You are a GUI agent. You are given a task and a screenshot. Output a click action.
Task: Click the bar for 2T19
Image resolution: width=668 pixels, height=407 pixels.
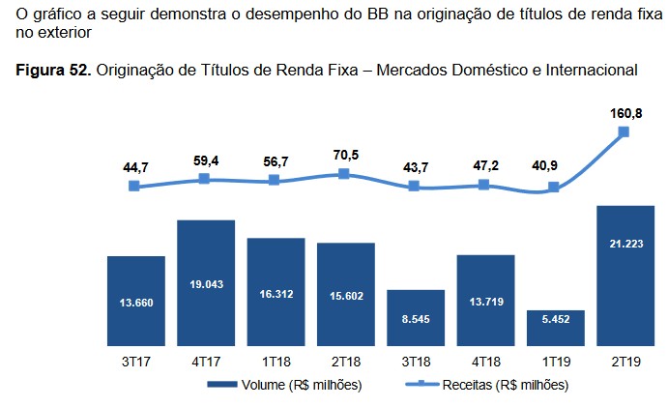624,276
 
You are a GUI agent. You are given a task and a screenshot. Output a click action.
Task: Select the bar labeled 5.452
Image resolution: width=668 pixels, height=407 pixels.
554,328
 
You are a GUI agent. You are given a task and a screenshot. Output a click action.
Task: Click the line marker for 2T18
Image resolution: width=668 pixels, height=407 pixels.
344,174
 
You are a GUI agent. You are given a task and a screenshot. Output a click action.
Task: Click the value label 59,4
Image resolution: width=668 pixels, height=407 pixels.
205,160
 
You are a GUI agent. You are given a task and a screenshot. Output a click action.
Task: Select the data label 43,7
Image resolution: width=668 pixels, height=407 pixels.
414,166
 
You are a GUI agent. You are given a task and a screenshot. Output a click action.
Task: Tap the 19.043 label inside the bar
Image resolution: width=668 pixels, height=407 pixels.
205,286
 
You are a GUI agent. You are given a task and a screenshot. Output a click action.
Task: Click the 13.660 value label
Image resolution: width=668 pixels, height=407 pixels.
135,303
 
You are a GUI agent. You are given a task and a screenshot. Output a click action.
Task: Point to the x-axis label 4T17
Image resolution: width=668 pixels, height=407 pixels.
205,362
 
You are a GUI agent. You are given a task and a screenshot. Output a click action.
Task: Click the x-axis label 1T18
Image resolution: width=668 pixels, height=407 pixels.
275,362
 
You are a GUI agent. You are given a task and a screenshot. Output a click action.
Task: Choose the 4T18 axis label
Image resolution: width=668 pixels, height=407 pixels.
483,362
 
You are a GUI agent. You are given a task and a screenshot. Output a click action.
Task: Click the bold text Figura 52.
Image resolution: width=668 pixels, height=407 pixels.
49,71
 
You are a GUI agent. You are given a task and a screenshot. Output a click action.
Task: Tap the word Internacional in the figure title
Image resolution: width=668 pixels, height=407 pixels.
592,71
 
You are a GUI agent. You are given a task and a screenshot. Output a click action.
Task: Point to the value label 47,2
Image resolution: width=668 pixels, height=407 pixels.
483,164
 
